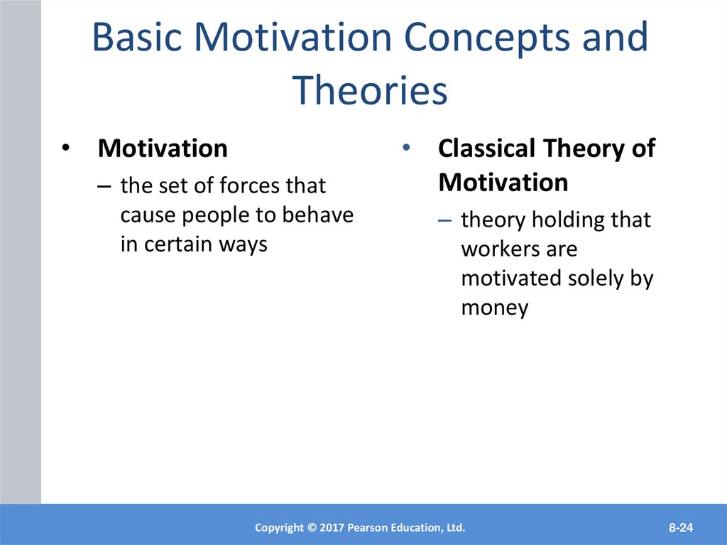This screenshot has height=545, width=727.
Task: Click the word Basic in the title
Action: (137, 37)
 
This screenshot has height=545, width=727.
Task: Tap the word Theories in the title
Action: (369, 90)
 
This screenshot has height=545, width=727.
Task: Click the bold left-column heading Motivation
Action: (163, 149)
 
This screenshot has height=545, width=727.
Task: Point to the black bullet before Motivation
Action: (66, 148)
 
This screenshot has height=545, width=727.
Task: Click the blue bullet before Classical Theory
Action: (406, 148)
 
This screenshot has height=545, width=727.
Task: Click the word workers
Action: (501, 249)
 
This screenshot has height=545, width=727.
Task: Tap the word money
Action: (495, 308)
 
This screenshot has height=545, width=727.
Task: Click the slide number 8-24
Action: (681, 527)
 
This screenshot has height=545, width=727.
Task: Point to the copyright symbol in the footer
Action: (312, 528)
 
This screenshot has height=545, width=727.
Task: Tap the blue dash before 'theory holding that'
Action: (444, 221)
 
